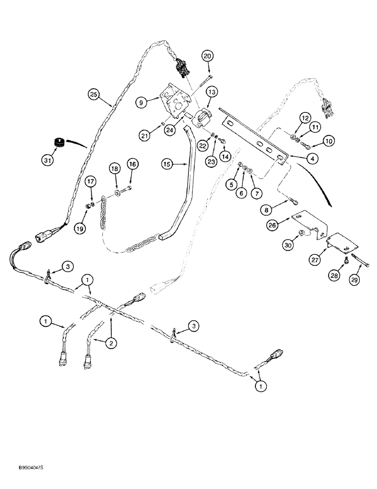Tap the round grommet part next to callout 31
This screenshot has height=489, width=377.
(59, 142)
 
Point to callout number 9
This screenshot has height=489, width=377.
(142, 103)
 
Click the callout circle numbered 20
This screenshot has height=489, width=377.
(209, 56)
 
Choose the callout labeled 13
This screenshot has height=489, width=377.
(211, 91)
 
